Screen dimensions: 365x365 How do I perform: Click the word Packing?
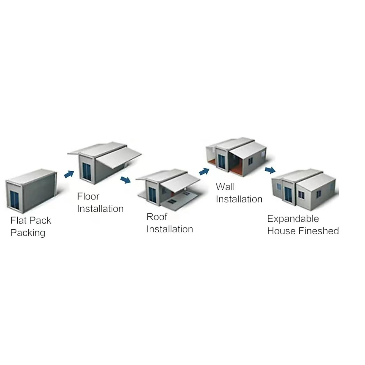pos(28,233)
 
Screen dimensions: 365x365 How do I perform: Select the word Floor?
pos(88,196)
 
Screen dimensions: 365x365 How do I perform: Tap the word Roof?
pos(157,217)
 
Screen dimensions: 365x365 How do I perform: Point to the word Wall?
pos(225,186)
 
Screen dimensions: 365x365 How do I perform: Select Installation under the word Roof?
pos(170,229)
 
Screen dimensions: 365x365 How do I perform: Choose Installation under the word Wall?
pos(239,199)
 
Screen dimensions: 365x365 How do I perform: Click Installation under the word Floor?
pos(100,209)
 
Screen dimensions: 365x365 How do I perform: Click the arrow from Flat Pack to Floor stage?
pos(69,174)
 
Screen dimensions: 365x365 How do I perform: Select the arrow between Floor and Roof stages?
pos(125,179)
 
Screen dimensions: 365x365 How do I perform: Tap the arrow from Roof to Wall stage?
pos(204,172)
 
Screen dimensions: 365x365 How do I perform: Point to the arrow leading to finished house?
pos(270,170)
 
